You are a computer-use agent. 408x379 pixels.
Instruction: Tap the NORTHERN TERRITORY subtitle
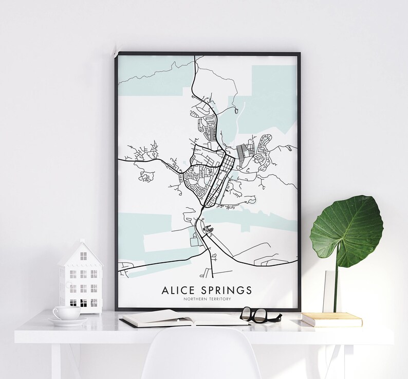pos(207,299)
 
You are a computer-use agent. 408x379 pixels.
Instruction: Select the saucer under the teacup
pos(68,321)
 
